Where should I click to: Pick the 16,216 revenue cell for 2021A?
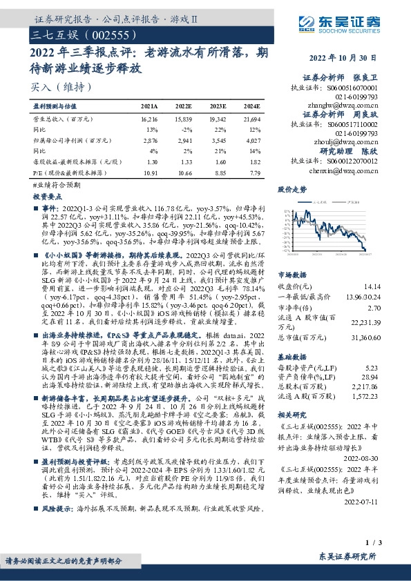click(149, 119)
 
